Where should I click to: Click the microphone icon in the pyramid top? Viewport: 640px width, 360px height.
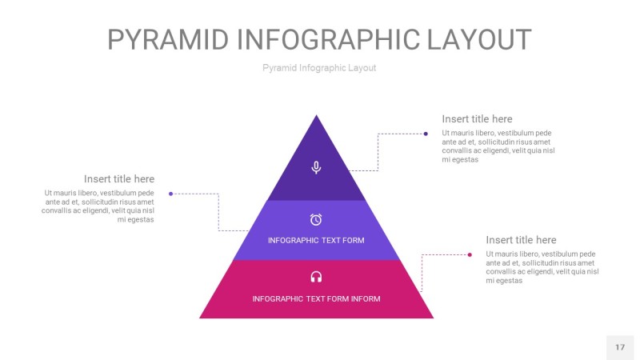(x=316, y=167)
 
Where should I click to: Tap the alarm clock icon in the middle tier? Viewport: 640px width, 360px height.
(x=316, y=219)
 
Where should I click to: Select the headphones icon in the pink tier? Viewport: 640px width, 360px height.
(x=316, y=277)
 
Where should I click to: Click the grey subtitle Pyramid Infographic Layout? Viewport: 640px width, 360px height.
(x=319, y=68)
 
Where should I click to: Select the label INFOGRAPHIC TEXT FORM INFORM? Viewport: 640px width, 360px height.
(x=316, y=299)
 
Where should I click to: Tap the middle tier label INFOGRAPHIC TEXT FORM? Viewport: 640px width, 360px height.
(x=316, y=240)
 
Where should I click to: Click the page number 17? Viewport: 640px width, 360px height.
(x=619, y=347)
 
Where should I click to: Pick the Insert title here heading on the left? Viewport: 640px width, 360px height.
(x=119, y=179)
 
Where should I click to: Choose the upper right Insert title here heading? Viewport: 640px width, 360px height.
(x=477, y=119)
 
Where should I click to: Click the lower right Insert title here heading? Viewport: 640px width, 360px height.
(x=521, y=240)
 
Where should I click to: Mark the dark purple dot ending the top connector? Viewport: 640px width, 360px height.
(x=426, y=134)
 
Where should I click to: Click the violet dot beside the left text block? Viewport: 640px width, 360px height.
(x=170, y=194)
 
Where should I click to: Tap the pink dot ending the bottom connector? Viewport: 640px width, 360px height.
(x=470, y=254)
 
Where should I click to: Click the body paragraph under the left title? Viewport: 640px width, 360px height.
(x=98, y=206)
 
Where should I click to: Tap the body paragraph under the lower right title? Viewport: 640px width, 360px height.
(x=542, y=267)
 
